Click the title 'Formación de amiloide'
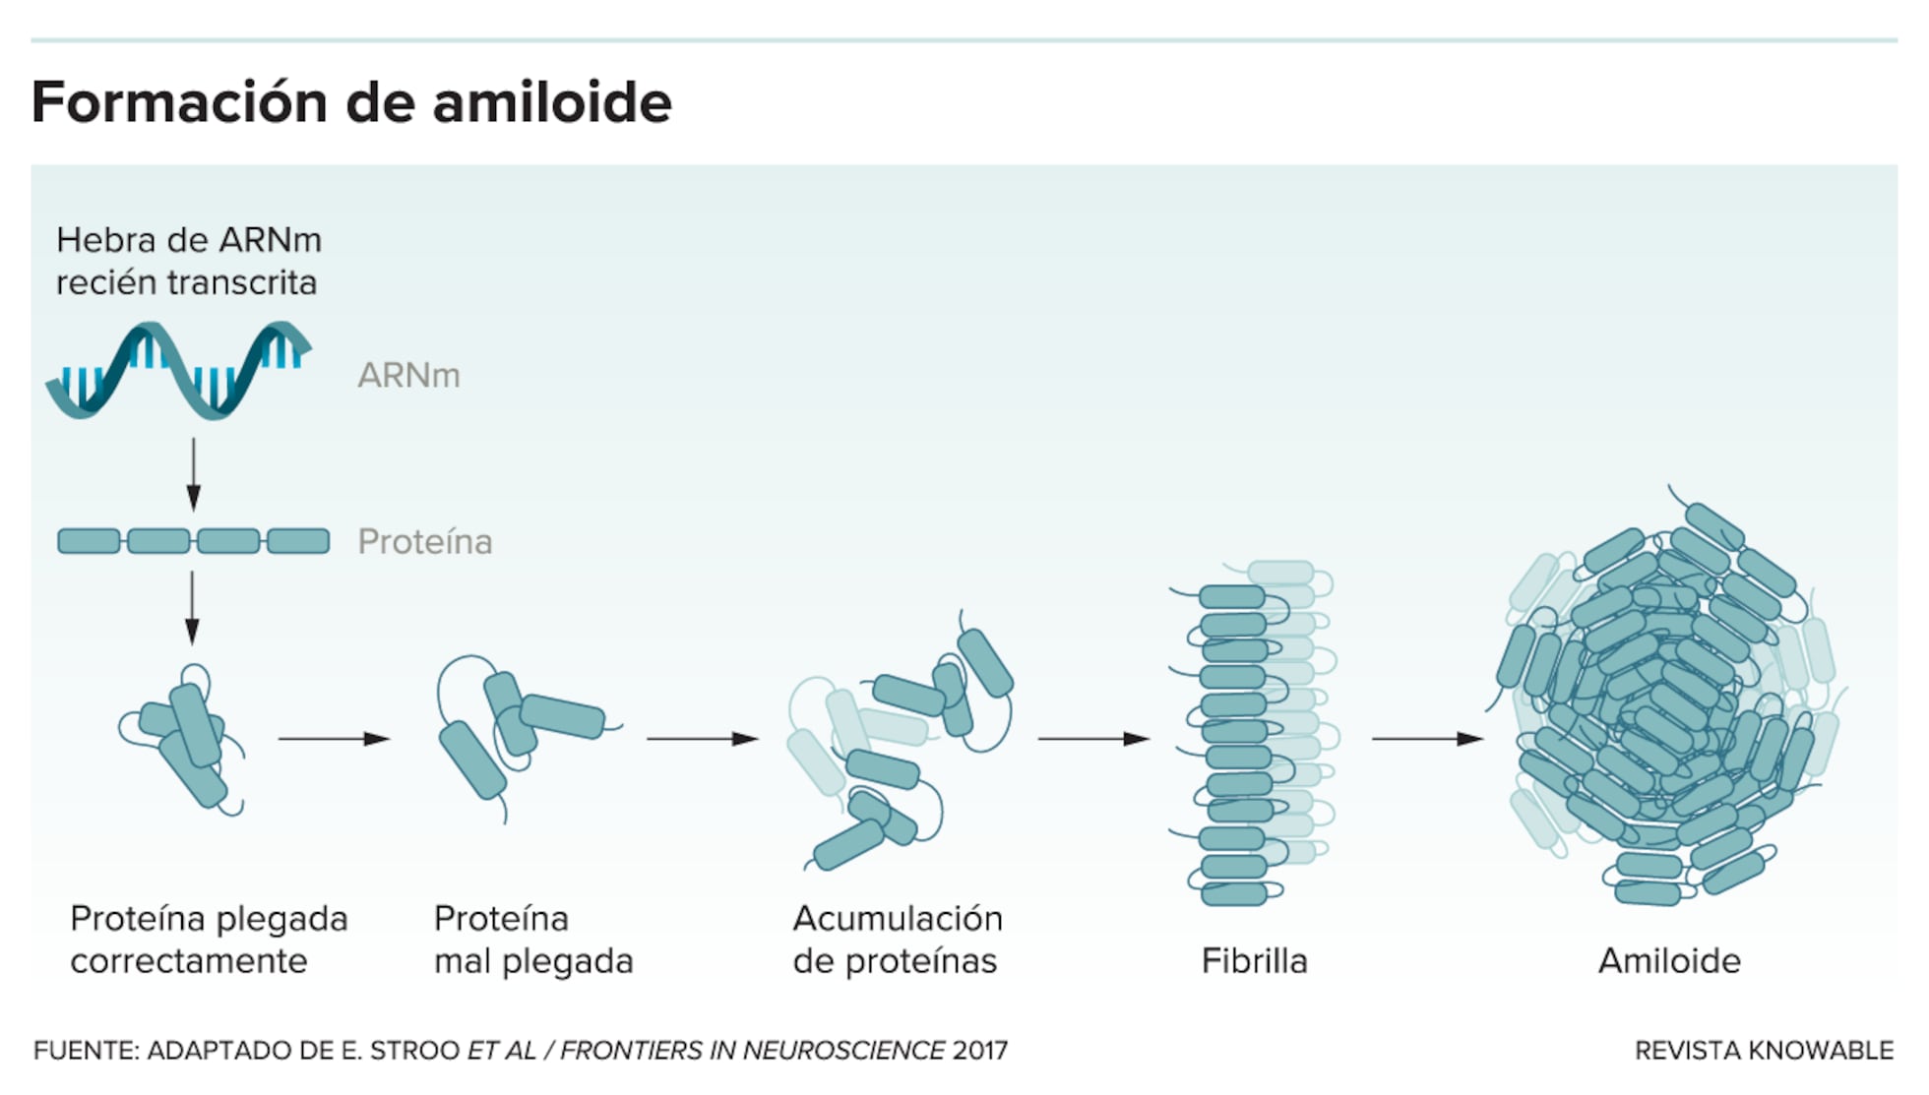(351, 102)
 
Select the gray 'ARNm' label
(408, 376)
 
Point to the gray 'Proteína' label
(424, 542)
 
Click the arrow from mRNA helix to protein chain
(193, 474)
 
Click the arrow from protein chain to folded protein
(192, 607)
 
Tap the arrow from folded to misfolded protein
(334, 738)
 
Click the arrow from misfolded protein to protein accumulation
(702, 738)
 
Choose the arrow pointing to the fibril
(1093, 738)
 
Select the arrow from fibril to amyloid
(1427, 738)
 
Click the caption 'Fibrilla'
(1254, 961)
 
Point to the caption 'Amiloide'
(1669, 961)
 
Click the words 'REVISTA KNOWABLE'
(1764, 1051)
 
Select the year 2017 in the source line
(980, 1051)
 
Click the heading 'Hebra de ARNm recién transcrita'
(188, 261)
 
